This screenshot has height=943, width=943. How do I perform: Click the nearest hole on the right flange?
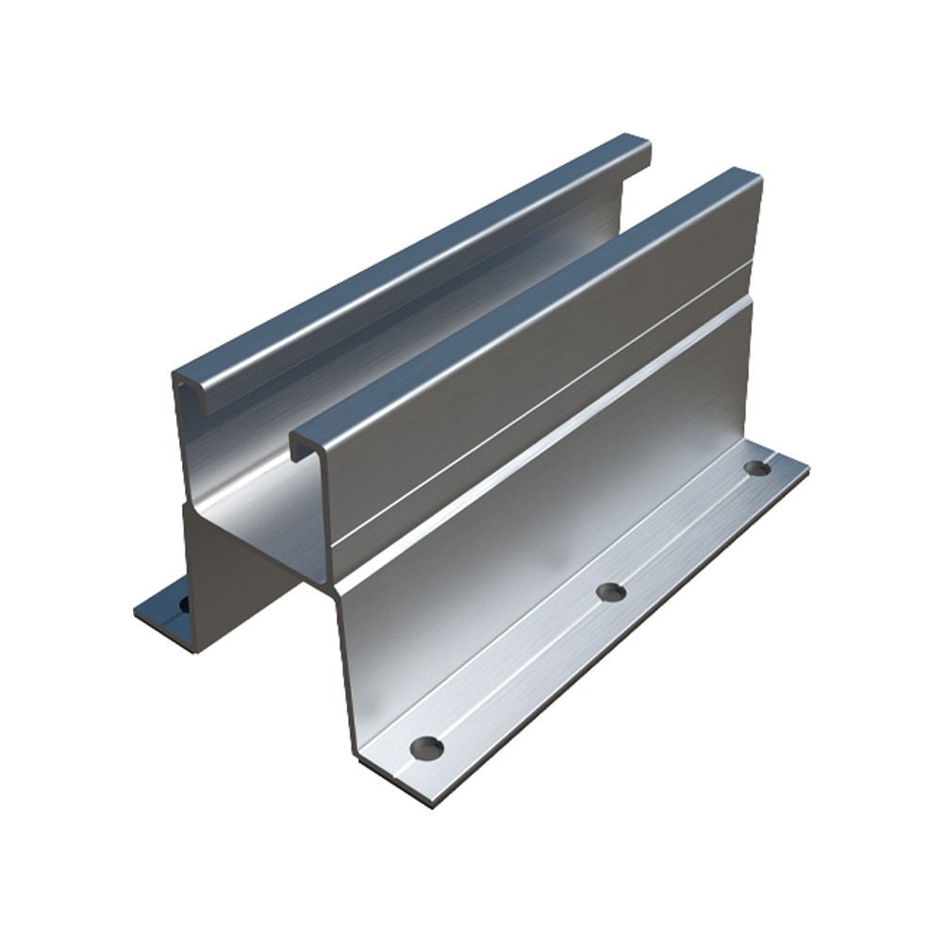[426, 748]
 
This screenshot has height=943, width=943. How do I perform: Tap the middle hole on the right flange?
[611, 592]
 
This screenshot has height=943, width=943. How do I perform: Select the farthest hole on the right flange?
[756, 467]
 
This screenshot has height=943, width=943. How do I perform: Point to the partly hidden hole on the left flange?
[183, 603]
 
